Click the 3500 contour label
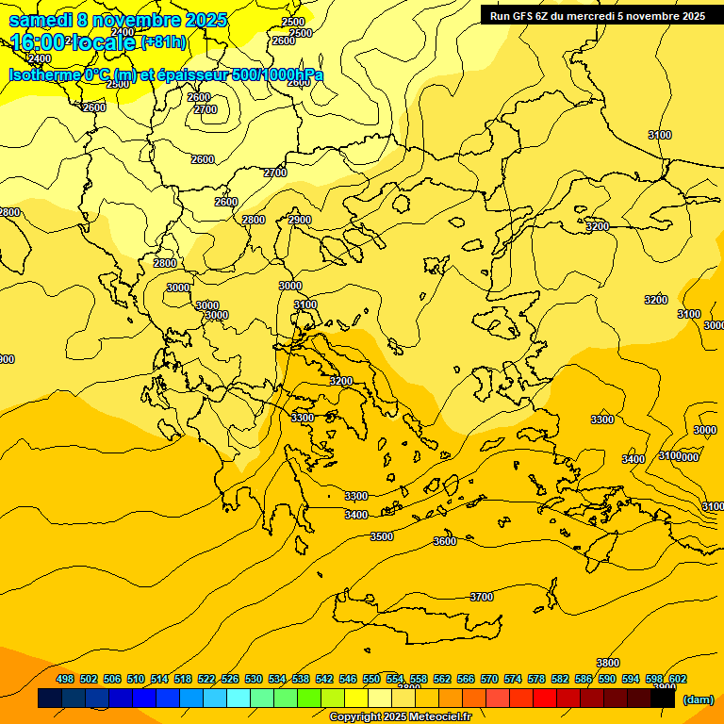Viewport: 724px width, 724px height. click(x=382, y=536)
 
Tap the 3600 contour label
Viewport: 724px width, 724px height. click(x=445, y=541)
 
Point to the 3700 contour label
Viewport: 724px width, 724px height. click(x=482, y=597)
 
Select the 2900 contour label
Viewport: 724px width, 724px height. click(x=300, y=220)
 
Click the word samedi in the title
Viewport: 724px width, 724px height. click(x=41, y=20)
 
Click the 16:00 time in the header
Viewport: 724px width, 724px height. click(x=38, y=42)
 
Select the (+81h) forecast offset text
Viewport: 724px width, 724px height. click(x=163, y=42)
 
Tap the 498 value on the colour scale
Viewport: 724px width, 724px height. click(x=65, y=680)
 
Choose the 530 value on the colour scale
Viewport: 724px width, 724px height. click(x=254, y=680)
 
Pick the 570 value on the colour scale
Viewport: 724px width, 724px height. click(x=489, y=680)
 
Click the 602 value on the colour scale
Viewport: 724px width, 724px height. click(x=678, y=680)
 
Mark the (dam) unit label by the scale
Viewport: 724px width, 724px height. click(x=699, y=699)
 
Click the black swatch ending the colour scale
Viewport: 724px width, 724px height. click(x=663, y=699)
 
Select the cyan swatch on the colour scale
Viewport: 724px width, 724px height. click(x=239, y=699)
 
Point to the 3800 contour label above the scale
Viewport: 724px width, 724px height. click(x=608, y=663)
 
